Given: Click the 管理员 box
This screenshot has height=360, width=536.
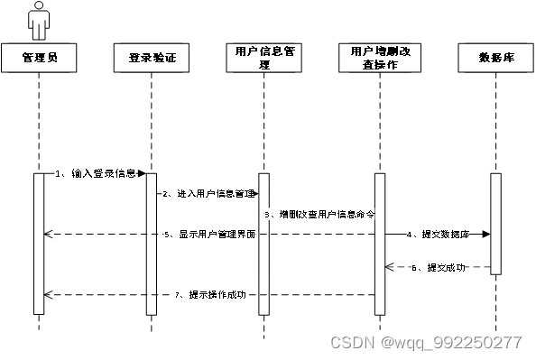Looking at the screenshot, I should click(x=39, y=60).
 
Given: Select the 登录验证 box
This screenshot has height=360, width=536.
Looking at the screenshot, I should click(x=152, y=60).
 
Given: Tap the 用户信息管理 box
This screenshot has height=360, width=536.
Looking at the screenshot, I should click(x=264, y=60).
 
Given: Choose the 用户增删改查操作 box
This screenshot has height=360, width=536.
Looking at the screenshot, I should click(x=379, y=60).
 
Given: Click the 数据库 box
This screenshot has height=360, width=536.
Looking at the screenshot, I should click(x=496, y=60).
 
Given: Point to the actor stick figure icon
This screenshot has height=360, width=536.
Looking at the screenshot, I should click(x=38, y=20).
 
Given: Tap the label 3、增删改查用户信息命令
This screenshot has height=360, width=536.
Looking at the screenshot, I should click(x=320, y=214).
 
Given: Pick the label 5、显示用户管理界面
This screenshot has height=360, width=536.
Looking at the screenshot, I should click(x=212, y=235).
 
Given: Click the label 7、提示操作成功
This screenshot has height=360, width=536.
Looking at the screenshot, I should click(x=212, y=295).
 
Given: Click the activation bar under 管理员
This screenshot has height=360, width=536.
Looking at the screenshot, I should click(x=39, y=244).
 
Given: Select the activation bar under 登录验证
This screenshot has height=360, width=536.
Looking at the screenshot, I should click(x=152, y=244).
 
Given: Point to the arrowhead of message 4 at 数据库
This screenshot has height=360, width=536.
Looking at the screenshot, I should click(x=486, y=235).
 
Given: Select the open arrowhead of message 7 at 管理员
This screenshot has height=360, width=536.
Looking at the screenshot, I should click(x=48, y=295).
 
